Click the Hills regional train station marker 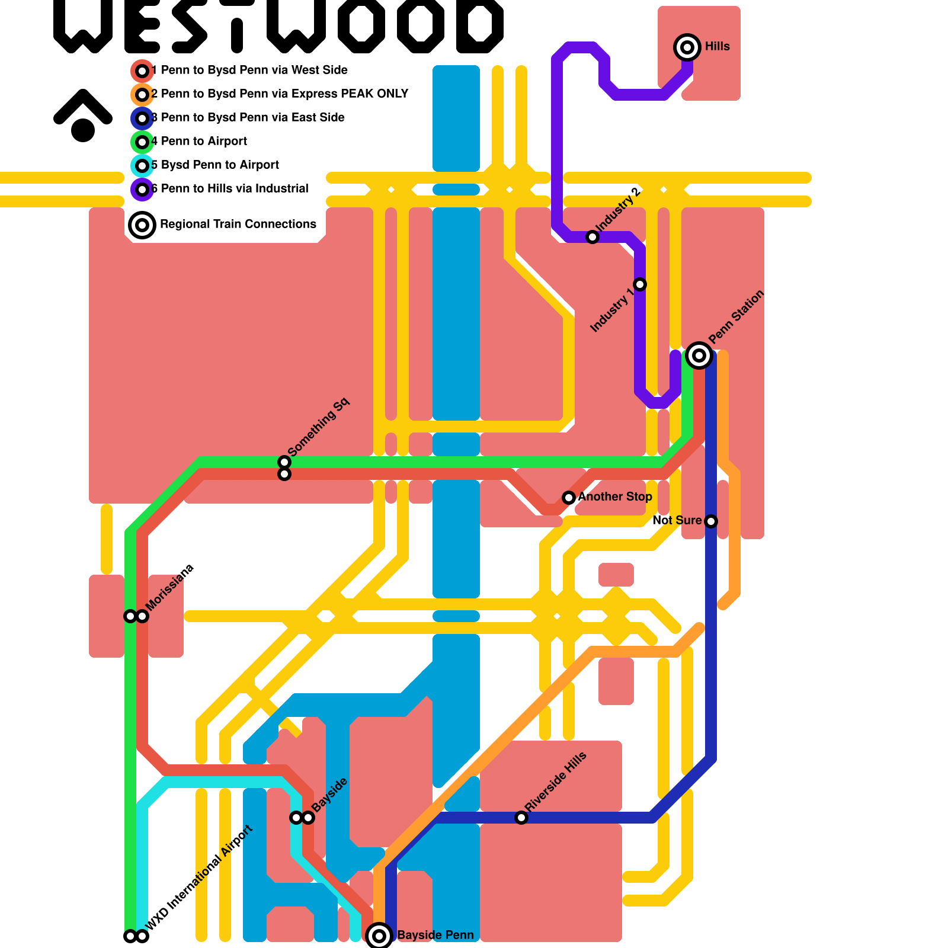click(x=687, y=47)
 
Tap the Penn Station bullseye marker click(x=699, y=355)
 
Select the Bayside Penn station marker click(x=379, y=936)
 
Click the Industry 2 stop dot click(x=592, y=237)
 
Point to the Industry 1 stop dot click(x=640, y=284)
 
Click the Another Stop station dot click(x=569, y=498)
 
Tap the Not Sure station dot click(x=711, y=521)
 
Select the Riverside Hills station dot click(x=521, y=818)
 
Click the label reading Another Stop click(x=615, y=497)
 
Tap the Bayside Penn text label click(x=435, y=935)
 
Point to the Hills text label click(x=718, y=46)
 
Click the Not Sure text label click(x=677, y=520)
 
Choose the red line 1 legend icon click(x=142, y=71)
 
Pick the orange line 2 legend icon click(x=142, y=95)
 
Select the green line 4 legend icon click(x=142, y=142)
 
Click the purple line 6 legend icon click(x=142, y=190)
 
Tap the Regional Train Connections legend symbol click(x=142, y=225)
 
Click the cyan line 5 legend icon click(x=142, y=166)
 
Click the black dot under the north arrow click(x=83, y=130)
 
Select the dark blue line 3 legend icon click(x=142, y=118)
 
